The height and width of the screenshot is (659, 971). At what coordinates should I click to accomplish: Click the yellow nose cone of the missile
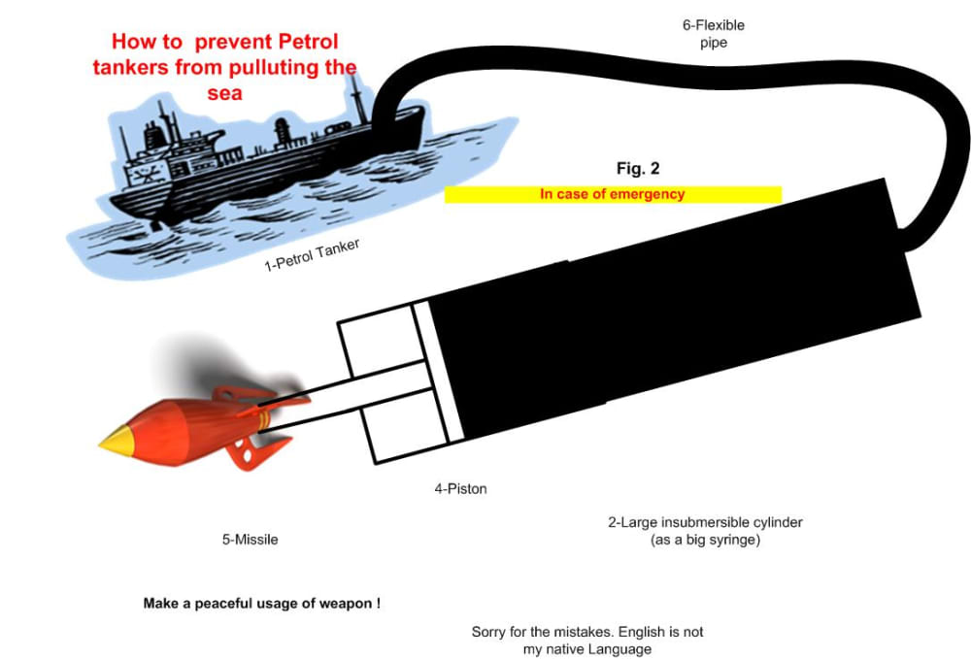point(116,442)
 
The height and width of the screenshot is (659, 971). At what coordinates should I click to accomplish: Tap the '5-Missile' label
point(251,540)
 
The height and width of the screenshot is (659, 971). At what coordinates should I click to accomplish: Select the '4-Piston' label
point(460,489)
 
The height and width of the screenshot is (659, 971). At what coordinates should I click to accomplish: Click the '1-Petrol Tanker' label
point(312,255)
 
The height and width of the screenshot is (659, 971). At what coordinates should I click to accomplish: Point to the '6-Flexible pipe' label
point(714,34)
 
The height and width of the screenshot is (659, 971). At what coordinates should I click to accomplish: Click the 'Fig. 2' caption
point(638,168)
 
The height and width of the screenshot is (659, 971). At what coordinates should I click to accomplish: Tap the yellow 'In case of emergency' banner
point(613,194)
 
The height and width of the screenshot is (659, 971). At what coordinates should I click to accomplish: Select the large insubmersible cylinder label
point(705,531)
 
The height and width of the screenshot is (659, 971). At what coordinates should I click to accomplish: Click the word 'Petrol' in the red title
point(308,42)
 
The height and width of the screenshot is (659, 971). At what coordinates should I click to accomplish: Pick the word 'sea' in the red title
point(225,93)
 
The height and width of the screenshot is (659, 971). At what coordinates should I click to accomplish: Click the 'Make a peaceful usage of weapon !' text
point(262,604)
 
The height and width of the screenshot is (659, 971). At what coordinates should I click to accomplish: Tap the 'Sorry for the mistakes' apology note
point(587,641)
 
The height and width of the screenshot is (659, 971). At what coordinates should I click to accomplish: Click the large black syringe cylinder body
point(675,310)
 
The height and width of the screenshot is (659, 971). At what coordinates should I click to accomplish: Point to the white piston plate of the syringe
point(439,372)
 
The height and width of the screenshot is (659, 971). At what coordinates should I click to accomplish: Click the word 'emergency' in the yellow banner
point(647,194)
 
